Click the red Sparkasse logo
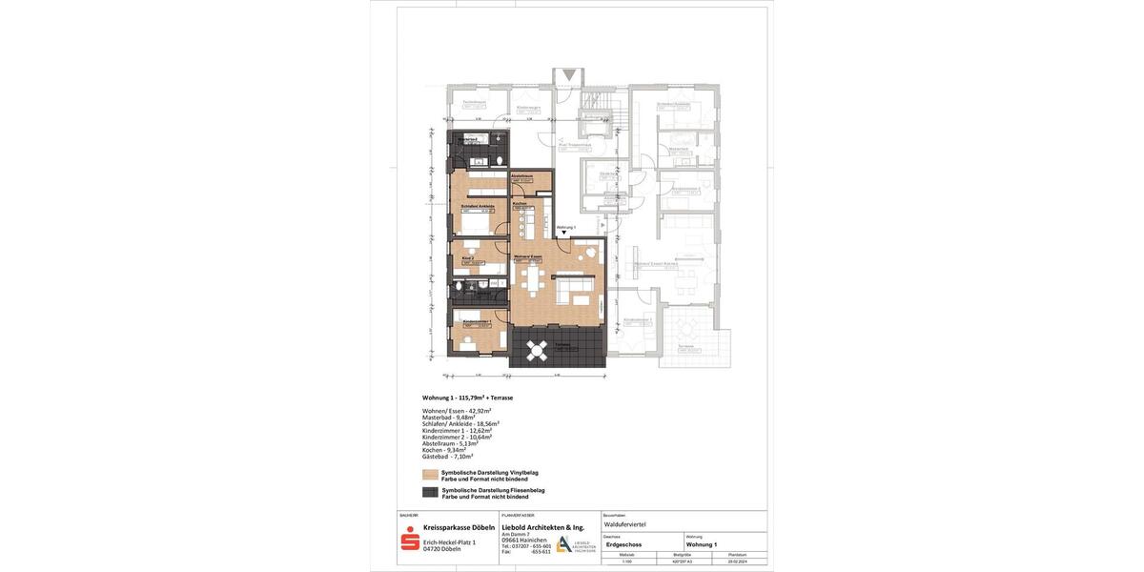[x=410, y=539]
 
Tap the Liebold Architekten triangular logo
[x=564, y=543]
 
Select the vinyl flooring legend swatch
[x=430, y=475]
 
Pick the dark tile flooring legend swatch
[x=430, y=492]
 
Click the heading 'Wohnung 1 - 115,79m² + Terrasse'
[x=467, y=398]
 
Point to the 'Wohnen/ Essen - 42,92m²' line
[x=457, y=411]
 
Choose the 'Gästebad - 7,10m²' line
[x=447, y=457]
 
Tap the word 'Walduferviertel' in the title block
[x=625, y=524]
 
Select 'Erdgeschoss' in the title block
[x=624, y=544]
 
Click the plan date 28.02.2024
[x=738, y=562]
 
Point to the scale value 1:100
[x=627, y=562]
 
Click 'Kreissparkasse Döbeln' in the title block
[x=459, y=527]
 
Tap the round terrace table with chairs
[x=537, y=351]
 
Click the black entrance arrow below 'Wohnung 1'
[x=564, y=233]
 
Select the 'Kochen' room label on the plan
[x=520, y=204]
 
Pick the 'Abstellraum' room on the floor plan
[x=522, y=178]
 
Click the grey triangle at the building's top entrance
[x=569, y=74]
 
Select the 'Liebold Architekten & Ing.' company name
[x=542, y=527]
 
